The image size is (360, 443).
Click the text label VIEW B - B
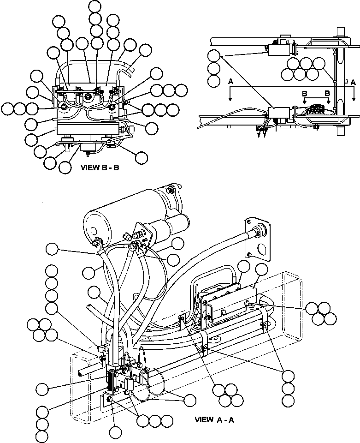(x=100, y=168)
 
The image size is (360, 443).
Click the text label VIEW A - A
(x=214, y=420)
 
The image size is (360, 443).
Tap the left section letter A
(x=230, y=82)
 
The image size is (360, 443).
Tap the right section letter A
(x=353, y=82)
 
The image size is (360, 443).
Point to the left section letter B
(x=304, y=93)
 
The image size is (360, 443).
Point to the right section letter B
(x=327, y=93)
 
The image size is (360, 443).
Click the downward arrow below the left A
(x=230, y=94)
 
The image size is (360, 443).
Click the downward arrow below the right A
(x=354, y=94)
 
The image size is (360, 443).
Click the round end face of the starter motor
(x=95, y=229)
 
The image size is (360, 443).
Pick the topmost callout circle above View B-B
(x=95, y=6)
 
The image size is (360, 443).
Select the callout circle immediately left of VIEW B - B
(x=65, y=168)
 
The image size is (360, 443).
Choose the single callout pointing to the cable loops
(x=190, y=401)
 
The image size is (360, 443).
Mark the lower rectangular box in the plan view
(x=278, y=112)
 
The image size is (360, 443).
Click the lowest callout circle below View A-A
(x=42, y=437)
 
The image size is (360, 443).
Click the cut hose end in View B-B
(x=131, y=70)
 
